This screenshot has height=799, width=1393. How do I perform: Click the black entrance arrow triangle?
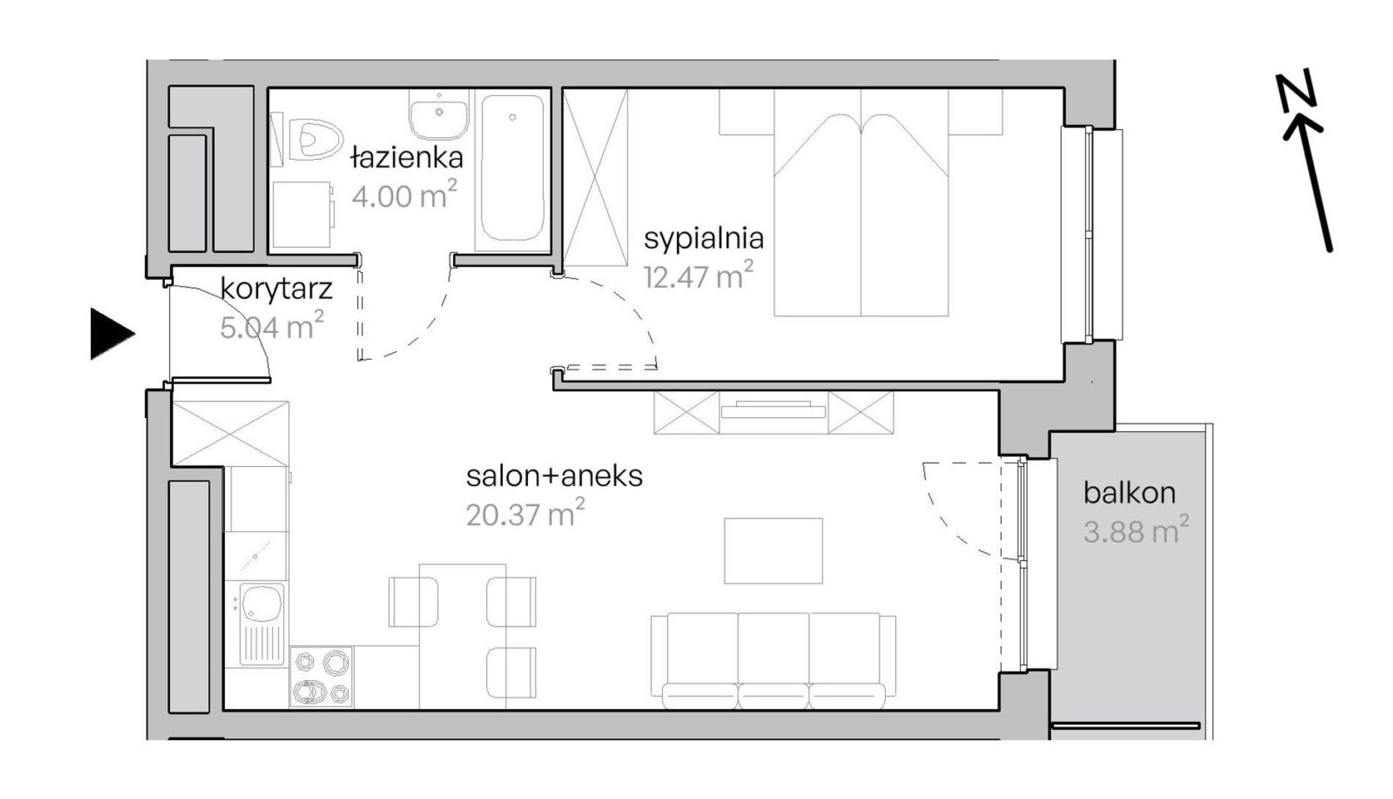(x=110, y=334)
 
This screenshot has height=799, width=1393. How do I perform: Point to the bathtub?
(x=512, y=169)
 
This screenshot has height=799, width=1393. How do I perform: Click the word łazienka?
(x=407, y=157)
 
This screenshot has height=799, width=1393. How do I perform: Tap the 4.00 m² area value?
(x=404, y=195)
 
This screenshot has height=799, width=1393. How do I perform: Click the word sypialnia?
(x=704, y=239)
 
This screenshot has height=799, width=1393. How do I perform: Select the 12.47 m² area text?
(x=698, y=276)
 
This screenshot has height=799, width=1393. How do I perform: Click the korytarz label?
(x=276, y=289)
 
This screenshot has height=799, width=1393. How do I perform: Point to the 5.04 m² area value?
(x=272, y=326)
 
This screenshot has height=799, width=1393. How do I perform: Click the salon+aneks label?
(x=554, y=476)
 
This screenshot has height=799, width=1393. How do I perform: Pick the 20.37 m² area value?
(x=526, y=514)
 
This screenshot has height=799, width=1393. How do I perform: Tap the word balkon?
(x=1129, y=493)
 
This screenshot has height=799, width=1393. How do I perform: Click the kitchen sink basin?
(x=262, y=602)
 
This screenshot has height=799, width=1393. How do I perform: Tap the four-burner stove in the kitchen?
(x=321, y=677)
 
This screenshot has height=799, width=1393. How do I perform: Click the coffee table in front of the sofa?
(x=773, y=551)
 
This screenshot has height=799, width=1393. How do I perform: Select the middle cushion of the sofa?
(x=773, y=660)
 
